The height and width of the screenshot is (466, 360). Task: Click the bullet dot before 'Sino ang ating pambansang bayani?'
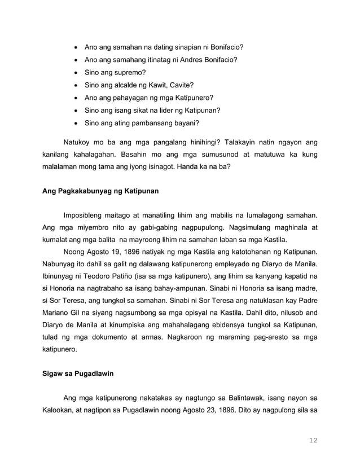[76, 123]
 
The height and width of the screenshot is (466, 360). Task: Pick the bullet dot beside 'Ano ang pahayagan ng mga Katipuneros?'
[76, 98]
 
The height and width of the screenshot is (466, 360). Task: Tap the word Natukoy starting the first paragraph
[80, 140]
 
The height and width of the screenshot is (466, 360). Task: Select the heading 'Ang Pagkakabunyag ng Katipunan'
[101, 191]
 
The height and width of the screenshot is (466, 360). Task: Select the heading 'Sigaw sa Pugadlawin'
[78, 373]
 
